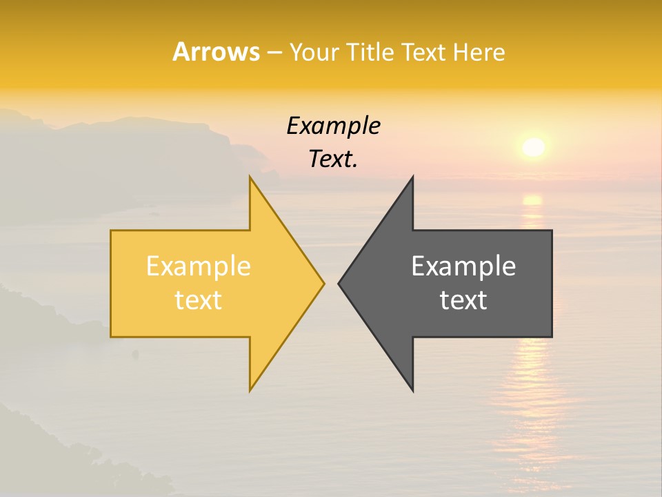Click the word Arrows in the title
pyautogui.click(x=216, y=52)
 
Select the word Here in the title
pyautogui.click(x=479, y=52)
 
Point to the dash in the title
pyautogui.click(x=274, y=52)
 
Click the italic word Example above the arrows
pyautogui.click(x=333, y=126)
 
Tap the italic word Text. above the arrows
pyautogui.click(x=333, y=159)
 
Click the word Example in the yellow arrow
pyautogui.click(x=199, y=266)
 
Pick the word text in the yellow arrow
pyautogui.click(x=199, y=300)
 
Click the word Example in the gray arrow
pyautogui.click(x=463, y=266)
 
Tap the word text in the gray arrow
pyautogui.click(x=463, y=300)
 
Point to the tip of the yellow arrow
pyautogui.click(x=323, y=283)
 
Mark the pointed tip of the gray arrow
pyautogui.click(x=339, y=283)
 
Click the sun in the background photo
pyautogui.click(x=533, y=147)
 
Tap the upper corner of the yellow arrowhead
pyautogui.click(x=250, y=178)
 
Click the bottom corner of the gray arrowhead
pyautogui.click(x=412, y=390)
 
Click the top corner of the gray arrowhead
pyautogui.click(x=412, y=178)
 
